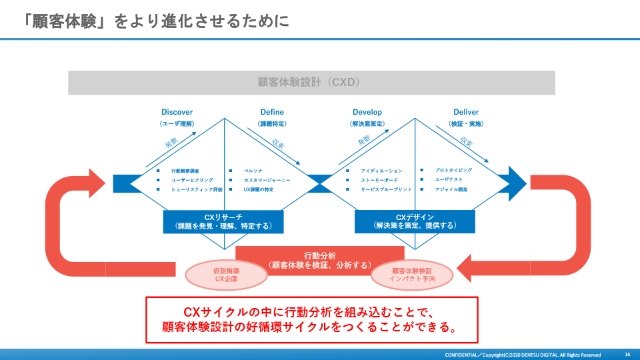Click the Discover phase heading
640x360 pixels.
coord(177,112)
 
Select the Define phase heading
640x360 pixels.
coord(271,112)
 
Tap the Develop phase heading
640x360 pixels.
coord(367,112)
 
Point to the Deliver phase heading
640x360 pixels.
coord(466,112)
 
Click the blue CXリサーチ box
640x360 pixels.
coord(223,221)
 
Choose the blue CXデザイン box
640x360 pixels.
coord(415,221)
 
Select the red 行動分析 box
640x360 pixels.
coord(320,260)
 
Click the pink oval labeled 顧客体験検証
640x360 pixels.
coord(413,275)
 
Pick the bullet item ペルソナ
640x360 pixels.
coord(253,171)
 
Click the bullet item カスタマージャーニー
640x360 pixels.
coord(267,180)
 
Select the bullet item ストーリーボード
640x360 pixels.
coord(379,180)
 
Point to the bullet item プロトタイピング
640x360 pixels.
coord(454,171)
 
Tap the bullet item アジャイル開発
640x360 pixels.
coord(451,189)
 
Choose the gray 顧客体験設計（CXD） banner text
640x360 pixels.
coord(311,83)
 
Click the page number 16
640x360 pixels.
coord(627,354)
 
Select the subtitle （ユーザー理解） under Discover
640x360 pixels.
coord(177,124)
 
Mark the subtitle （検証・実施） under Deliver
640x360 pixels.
coord(466,124)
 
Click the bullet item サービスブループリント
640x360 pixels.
coord(386,189)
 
